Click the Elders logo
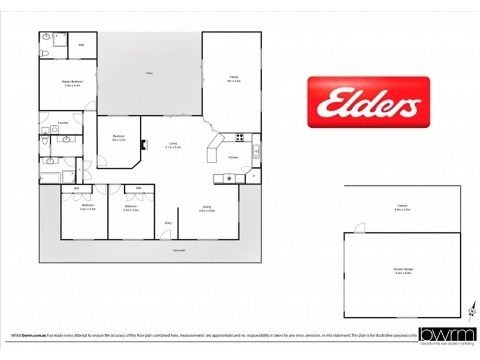(x=368, y=102)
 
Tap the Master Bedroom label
(x=72, y=82)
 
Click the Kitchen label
(x=233, y=157)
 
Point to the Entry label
(x=168, y=223)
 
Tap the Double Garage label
(x=404, y=271)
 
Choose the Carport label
(x=402, y=207)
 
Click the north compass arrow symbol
(x=471, y=311)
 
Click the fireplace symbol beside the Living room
(x=143, y=144)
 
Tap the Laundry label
(x=62, y=123)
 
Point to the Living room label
(x=173, y=145)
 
